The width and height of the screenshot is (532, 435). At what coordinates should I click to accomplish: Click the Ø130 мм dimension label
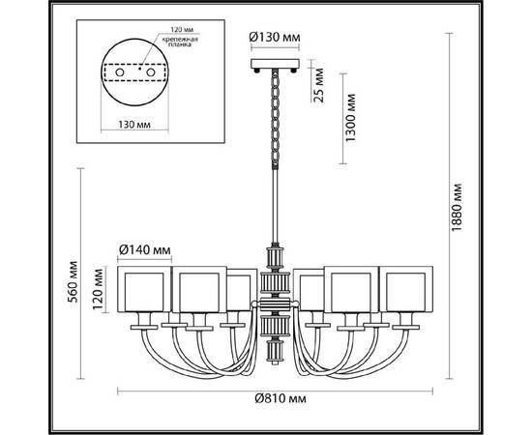[276, 38]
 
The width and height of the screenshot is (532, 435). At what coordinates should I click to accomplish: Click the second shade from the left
[197, 293]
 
